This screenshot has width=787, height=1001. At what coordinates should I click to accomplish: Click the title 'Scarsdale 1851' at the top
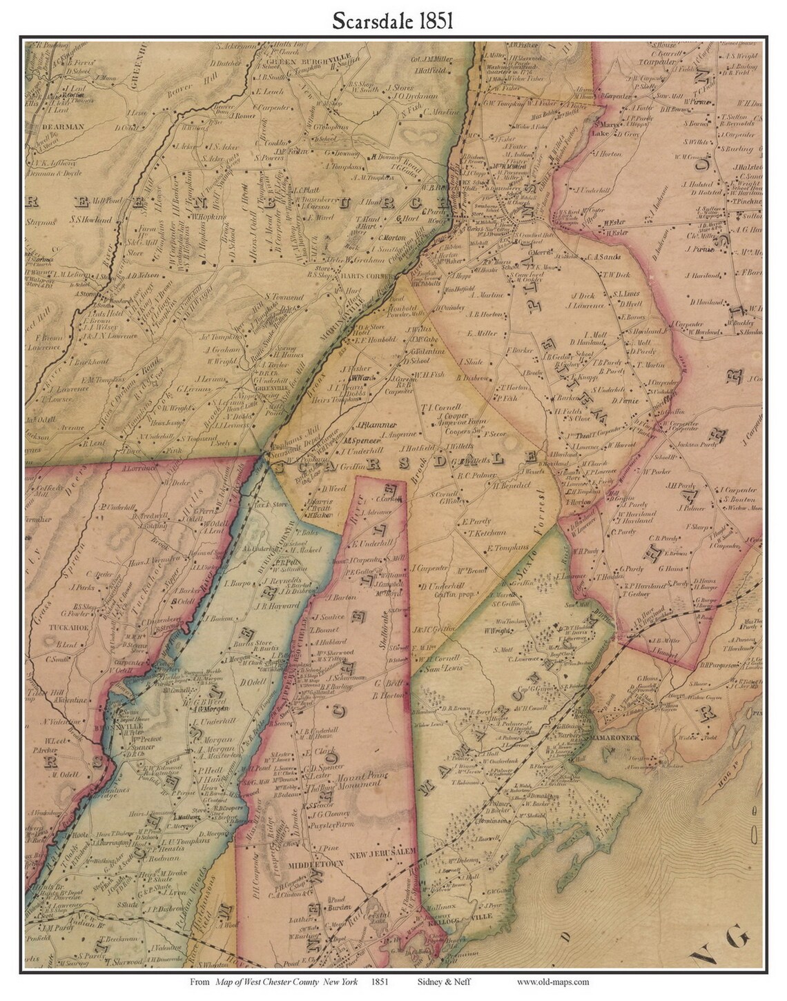[x=392, y=20]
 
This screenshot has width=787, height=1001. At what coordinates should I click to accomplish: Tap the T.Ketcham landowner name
[x=486, y=533]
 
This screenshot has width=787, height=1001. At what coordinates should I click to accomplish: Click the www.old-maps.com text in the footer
[x=552, y=982]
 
